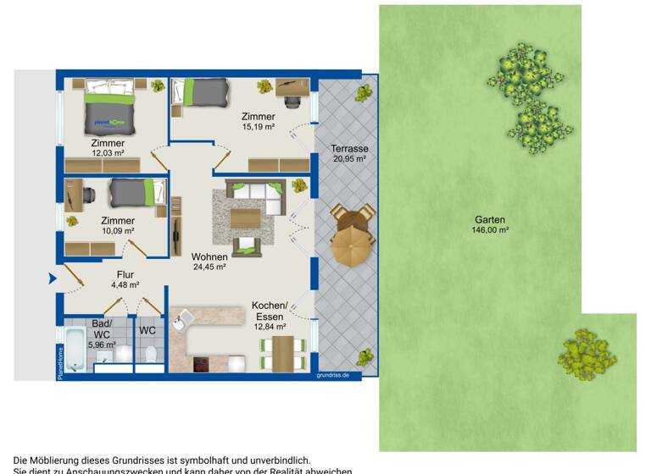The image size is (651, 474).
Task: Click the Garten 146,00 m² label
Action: click(492, 223)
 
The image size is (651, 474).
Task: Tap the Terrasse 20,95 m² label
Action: click(349, 153)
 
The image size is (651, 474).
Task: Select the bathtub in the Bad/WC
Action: click(74, 350)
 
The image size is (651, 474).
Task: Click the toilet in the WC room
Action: click(150, 353)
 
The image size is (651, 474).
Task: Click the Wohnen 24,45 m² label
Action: click(208, 262)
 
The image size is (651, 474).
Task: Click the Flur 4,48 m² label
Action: click(125, 279)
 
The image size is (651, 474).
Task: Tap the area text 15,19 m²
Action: click(258, 128)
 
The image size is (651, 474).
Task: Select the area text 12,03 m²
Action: click(108, 154)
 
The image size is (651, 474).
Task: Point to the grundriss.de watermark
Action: click(337, 373)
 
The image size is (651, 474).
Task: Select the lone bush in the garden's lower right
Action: click(586, 353)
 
